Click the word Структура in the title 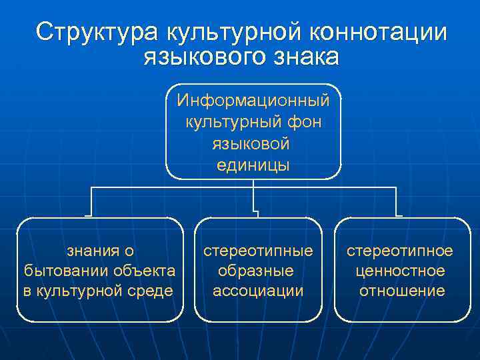click(97, 32)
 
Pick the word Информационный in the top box click(253, 101)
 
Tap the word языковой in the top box click(253, 144)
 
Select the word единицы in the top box click(253, 165)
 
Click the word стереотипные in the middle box click(258, 251)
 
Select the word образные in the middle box click(258, 271)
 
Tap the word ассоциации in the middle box click(258, 291)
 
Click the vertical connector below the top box click(253, 197)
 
